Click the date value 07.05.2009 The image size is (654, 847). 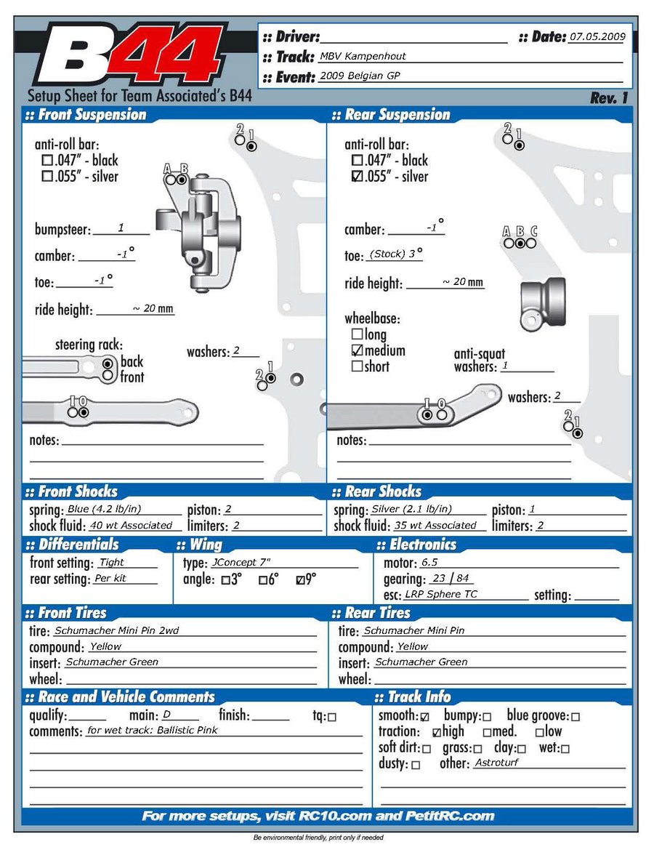coord(597,36)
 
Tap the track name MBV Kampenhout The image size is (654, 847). coord(363,56)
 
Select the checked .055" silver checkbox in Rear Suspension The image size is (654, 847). coord(356,177)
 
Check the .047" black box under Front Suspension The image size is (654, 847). coord(47,160)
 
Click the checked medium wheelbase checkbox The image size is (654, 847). coord(357,350)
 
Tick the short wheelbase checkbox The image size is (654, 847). coord(357,366)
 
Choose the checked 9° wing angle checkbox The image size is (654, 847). coord(301,580)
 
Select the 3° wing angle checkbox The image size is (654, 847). coord(225,580)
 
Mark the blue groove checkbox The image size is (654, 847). coord(576,717)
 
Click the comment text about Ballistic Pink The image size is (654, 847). coord(152,731)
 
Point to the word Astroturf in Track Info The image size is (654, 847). coord(496,763)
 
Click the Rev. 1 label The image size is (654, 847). coord(609,98)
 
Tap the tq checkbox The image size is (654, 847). coord(332,717)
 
